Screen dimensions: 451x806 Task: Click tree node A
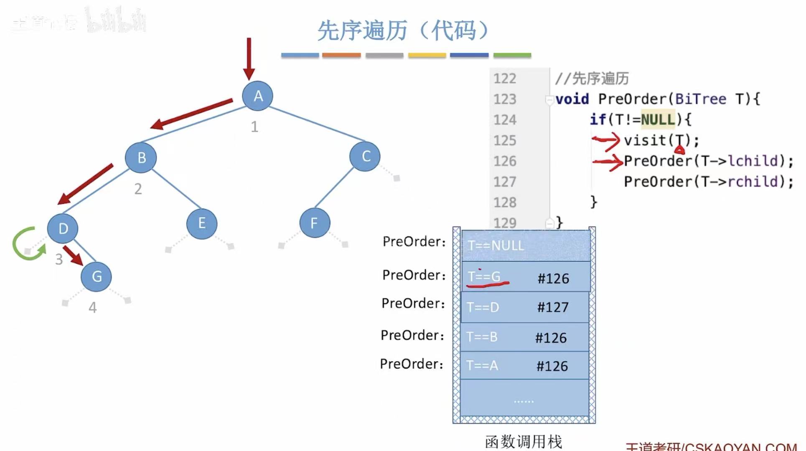[258, 96]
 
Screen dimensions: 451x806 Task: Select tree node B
[141, 158]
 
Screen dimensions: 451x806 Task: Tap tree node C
[365, 156]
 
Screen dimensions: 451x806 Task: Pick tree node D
[63, 229]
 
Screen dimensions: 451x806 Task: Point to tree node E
[202, 223]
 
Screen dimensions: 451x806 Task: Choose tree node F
[314, 223]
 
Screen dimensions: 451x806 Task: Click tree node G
[97, 276]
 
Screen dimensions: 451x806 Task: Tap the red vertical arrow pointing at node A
[249, 59]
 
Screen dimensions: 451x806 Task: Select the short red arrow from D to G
[73, 255]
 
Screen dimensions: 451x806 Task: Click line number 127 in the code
[505, 182]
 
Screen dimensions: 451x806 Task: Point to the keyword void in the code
[572, 99]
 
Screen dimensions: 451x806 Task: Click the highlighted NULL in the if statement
[658, 120]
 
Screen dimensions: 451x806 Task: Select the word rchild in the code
[753, 182]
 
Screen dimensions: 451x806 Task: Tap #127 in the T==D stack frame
[552, 307]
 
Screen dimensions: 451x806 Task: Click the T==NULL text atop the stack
[496, 245]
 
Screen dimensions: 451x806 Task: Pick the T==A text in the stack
[482, 365]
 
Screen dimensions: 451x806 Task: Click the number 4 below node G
[93, 308]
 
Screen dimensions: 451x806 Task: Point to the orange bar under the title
[341, 55]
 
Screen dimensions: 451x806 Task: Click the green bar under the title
[512, 55]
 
